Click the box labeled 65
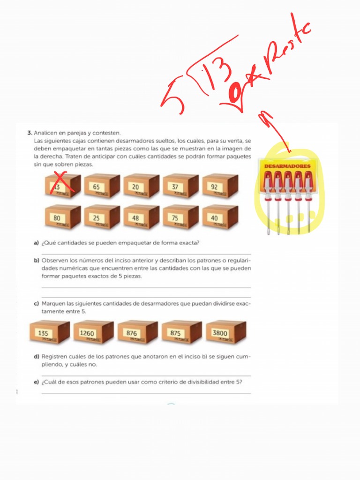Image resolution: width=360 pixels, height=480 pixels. pos(102,186)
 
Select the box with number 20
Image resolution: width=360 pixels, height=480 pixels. pos(141,186)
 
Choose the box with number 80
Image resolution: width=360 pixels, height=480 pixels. pos(62,217)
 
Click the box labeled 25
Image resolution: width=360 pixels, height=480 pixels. pos(102,217)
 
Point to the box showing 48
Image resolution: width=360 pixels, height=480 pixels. pos(141,217)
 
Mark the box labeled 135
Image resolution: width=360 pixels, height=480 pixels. pos(49,332)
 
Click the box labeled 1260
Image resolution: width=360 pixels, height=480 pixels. pos(93,332)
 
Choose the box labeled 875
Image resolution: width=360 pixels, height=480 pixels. pos(181,332)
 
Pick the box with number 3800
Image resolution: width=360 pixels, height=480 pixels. pos(225,332)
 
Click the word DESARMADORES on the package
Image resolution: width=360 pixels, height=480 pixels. pos(287,166)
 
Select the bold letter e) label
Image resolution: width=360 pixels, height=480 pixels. pos(36,382)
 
